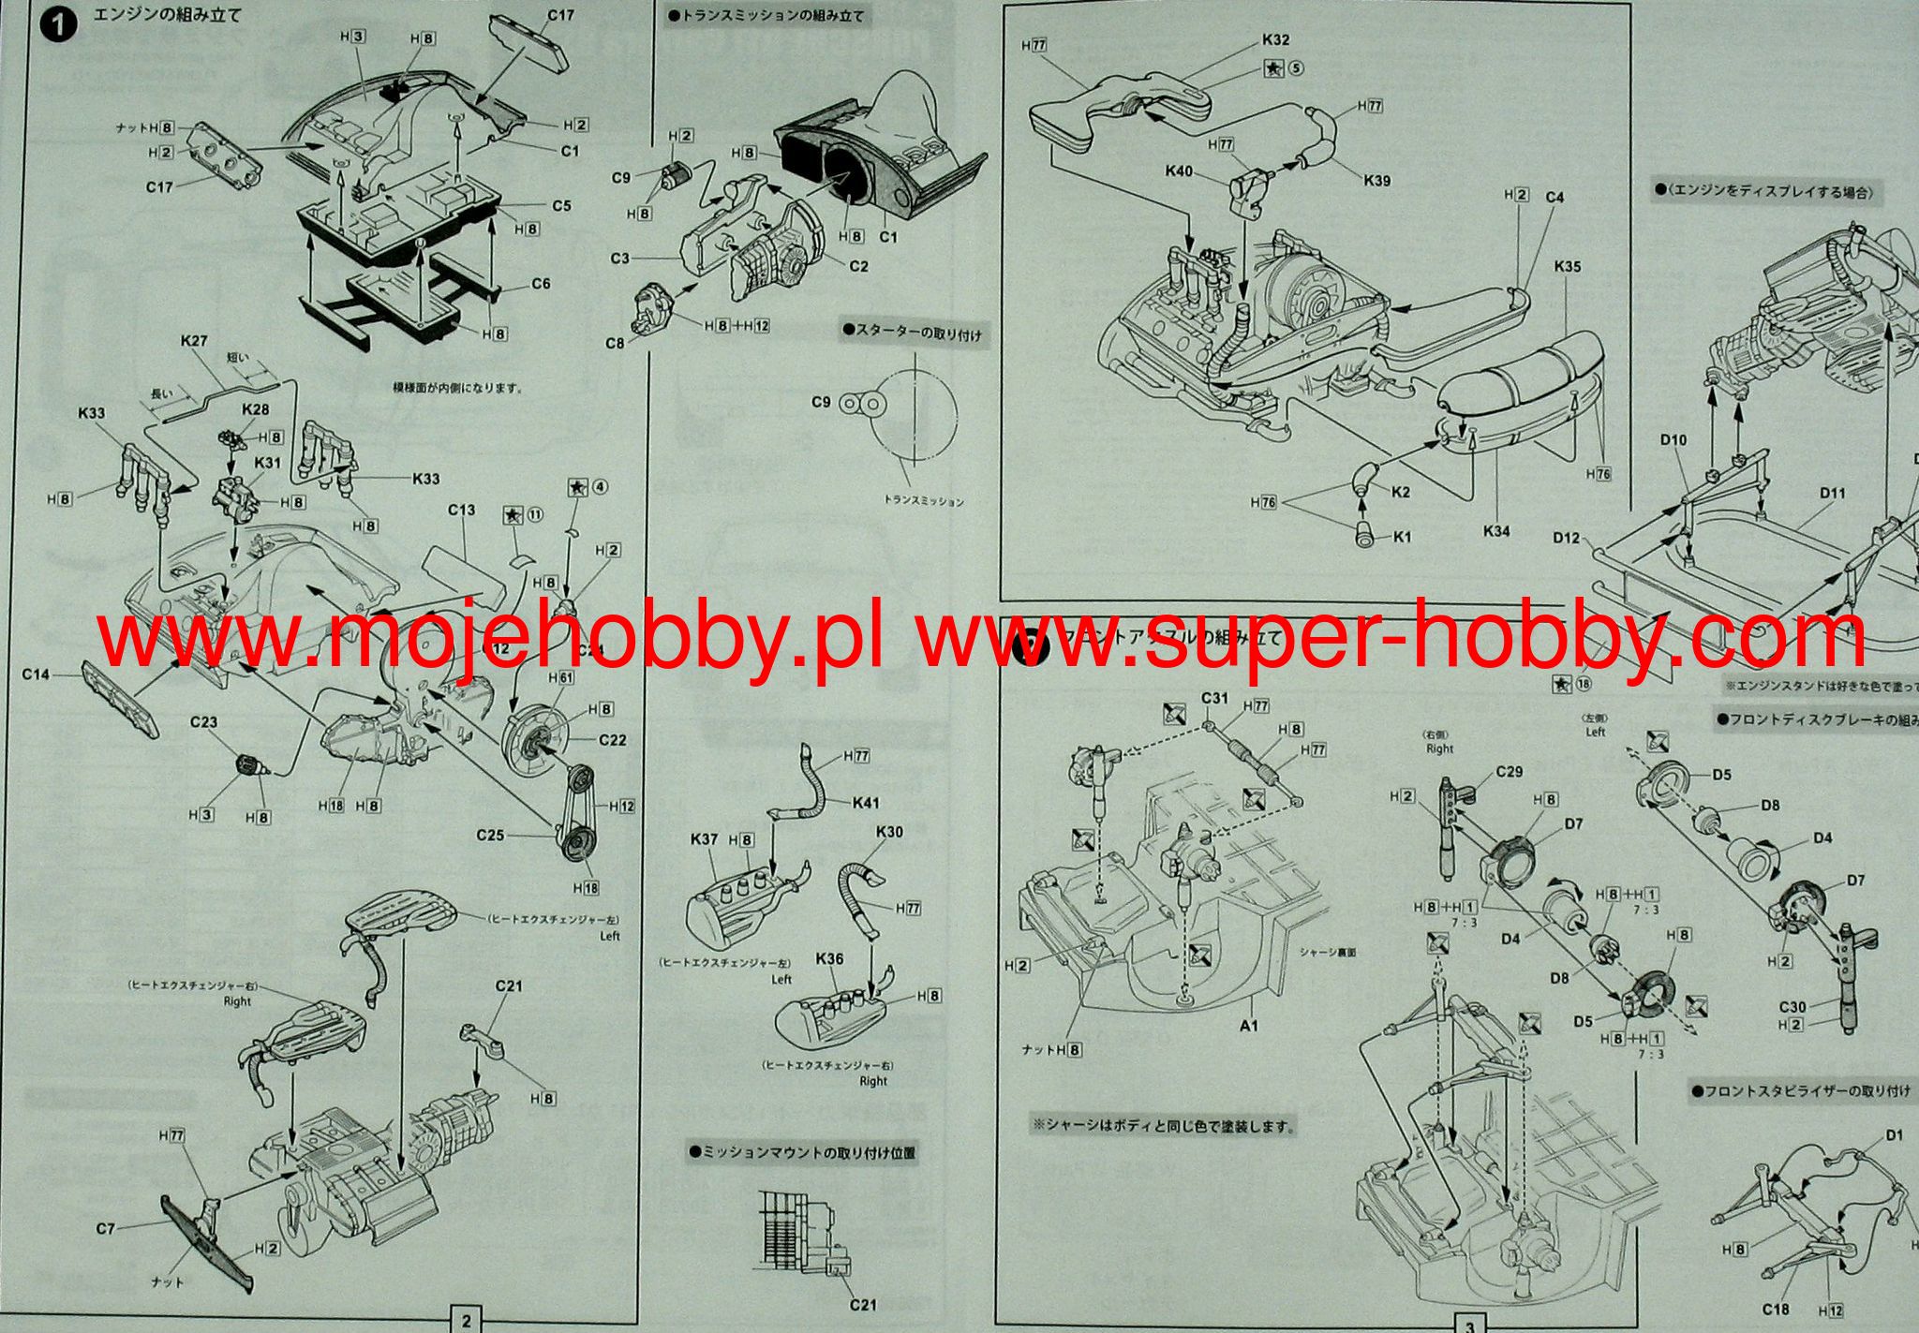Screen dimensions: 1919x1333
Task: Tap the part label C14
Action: coord(36,674)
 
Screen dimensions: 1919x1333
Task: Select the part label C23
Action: coord(203,722)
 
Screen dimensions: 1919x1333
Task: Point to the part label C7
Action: coord(105,1228)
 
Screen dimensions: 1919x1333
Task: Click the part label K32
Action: coord(1275,39)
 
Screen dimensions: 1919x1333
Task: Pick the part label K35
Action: coord(1567,267)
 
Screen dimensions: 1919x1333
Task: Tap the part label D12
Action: coord(1566,538)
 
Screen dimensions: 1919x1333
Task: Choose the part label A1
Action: coord(1248,1026)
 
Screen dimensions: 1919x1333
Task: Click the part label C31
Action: coord(1214,698)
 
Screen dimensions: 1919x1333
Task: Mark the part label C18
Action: coord(1775,1310)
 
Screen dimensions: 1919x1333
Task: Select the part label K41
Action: coord(866,803)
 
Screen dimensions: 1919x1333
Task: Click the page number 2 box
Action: coord(466,1320)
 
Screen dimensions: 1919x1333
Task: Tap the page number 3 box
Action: coord(1469,1324)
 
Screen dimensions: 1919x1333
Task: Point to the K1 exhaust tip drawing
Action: coord(1364,535)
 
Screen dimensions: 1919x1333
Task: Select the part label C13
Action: coord(461,511)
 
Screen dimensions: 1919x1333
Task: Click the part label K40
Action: coord(1179,171)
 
